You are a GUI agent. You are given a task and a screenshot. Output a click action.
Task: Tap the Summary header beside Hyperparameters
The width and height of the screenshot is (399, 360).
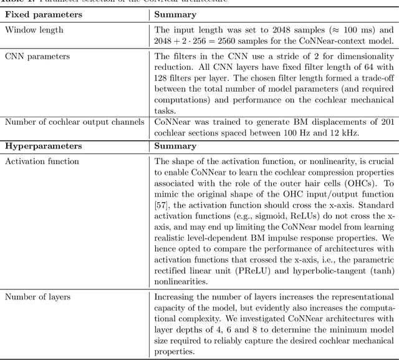coord(175,145)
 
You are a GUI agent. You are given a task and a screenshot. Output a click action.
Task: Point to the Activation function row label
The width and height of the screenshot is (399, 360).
coord(42,161)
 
